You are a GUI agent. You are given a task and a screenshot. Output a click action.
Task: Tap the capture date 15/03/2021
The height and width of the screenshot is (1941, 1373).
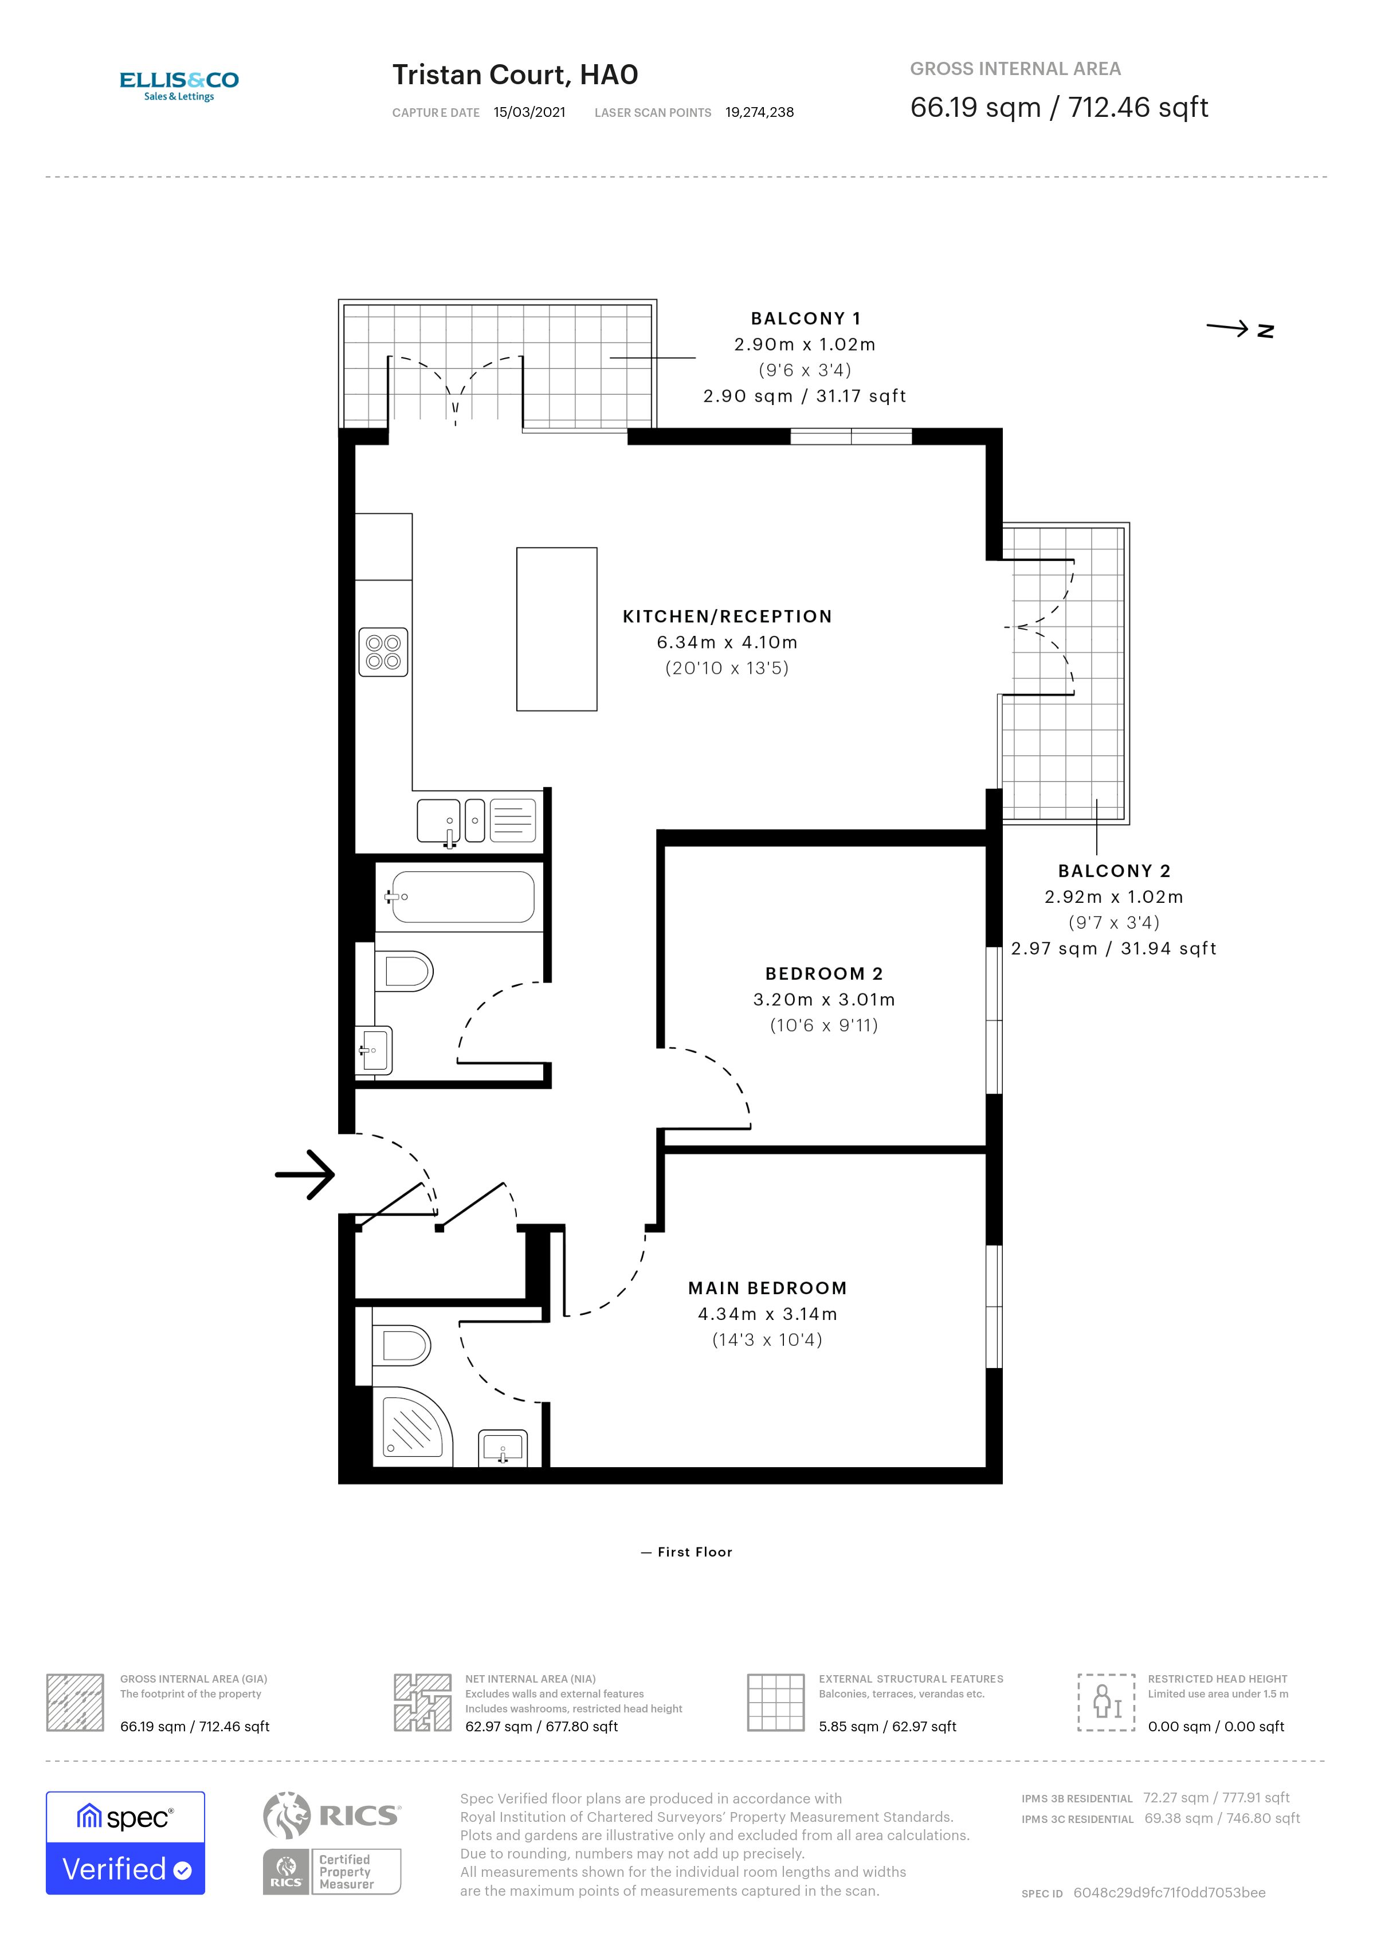point(529,112)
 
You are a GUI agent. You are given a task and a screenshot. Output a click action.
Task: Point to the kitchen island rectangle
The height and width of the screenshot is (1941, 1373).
point(556,629)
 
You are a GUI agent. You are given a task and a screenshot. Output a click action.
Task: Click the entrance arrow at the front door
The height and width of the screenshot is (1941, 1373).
point(305,1174)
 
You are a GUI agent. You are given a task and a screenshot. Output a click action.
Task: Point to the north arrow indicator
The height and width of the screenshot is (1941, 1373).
point(1238,329)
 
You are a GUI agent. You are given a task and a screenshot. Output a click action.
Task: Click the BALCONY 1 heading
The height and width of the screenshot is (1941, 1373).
point(805,319)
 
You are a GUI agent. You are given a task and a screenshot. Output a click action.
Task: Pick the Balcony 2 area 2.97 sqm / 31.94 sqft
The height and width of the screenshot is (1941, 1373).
point(1113,949)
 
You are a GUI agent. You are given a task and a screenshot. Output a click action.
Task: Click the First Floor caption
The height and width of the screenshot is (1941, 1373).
point(686,1552)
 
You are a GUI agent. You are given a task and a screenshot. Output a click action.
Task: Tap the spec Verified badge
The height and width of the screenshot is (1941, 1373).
point(125,1843)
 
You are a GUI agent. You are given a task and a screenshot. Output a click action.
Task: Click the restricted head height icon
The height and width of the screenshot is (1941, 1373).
point(1106,1702)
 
